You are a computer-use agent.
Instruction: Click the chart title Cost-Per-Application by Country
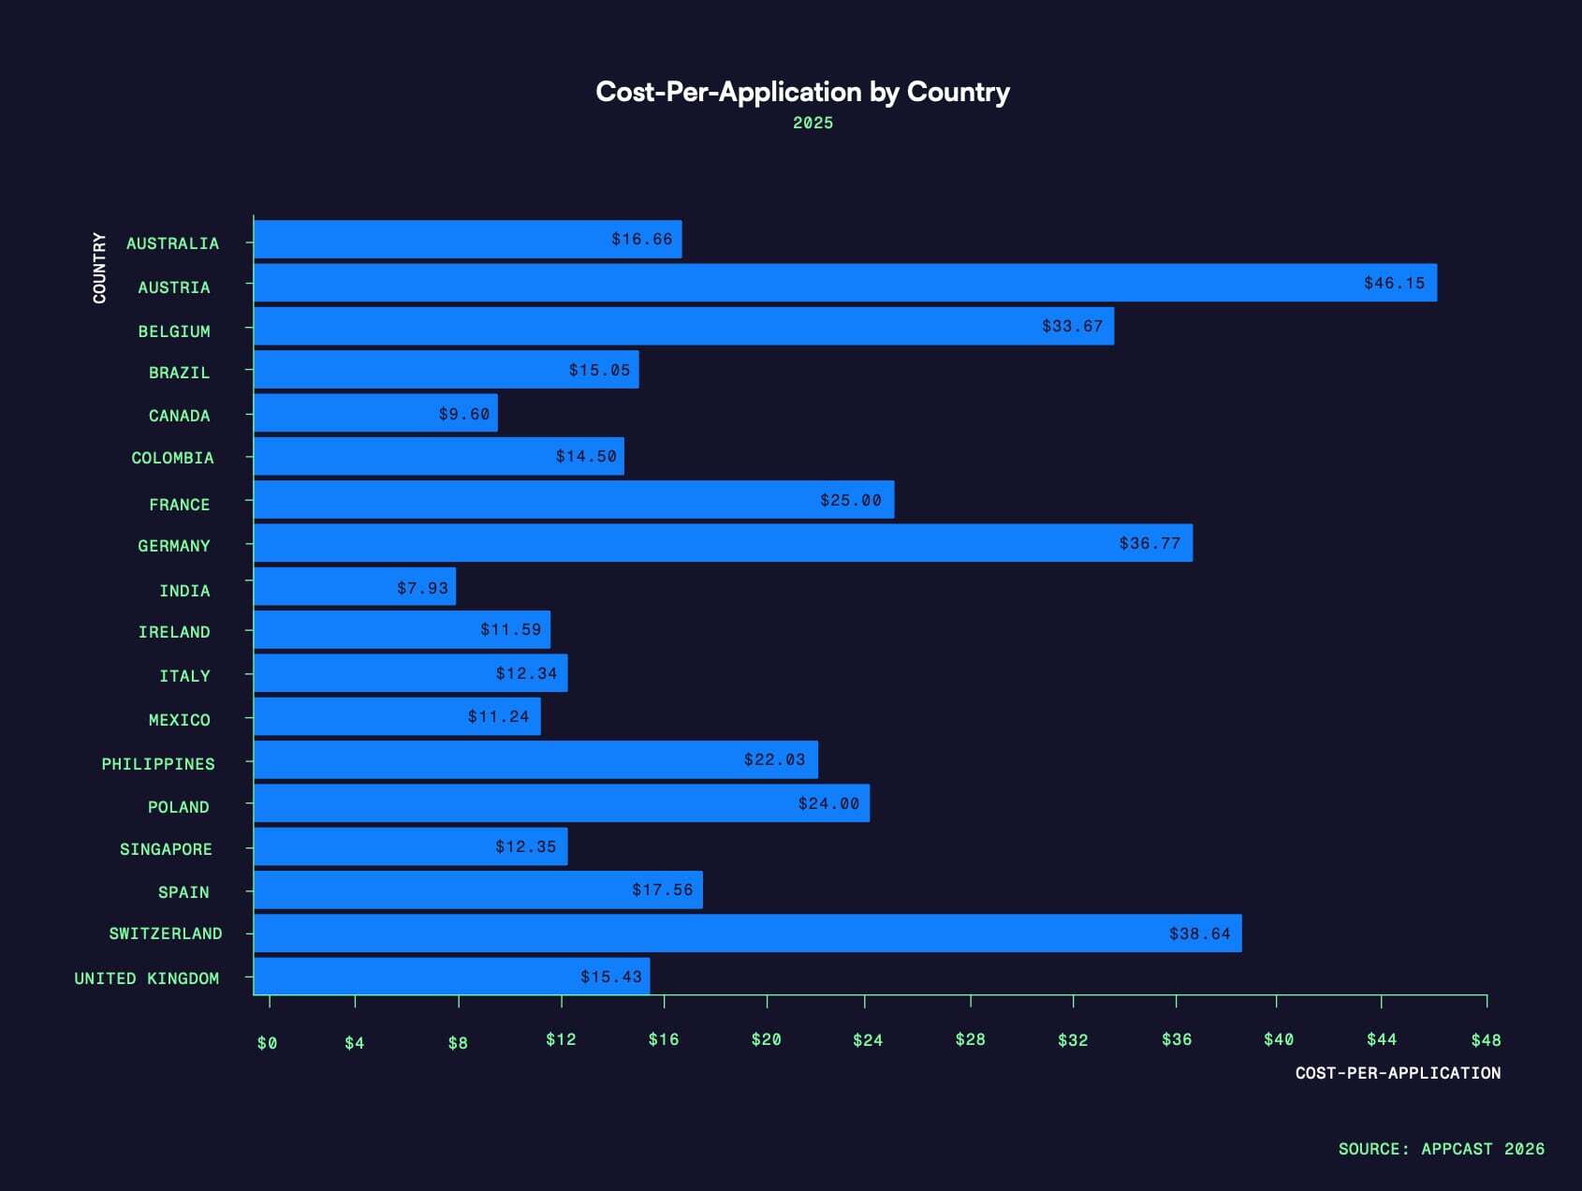[802, 92]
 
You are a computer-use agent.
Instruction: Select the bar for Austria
[844, 283]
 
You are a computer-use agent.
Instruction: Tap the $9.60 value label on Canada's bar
[464, 414]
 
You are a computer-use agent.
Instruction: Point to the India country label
[184, 591]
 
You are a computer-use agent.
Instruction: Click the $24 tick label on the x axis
[867, 1040]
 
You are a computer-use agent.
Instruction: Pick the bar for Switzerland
[747, 934]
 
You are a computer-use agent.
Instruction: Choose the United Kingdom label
[147, 978]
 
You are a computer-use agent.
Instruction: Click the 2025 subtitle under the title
[813, 123]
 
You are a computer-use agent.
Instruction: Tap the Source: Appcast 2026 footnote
[1441, 1149]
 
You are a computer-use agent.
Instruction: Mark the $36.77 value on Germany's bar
[1150, 543]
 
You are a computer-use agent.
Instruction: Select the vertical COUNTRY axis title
[99, 268]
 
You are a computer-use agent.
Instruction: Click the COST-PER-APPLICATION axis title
[1398, 1073]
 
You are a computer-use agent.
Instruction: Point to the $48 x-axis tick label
[1486, 1040]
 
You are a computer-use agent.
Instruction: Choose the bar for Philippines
[535, 759]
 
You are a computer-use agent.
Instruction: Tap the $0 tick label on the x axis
[267, 1043]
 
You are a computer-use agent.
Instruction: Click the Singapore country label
[166, 849]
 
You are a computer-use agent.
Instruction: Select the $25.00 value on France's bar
[850, 500]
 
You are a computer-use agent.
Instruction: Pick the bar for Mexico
[397, 716]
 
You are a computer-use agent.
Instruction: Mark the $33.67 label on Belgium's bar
[1072, 326]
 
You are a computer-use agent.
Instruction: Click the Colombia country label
[172, 458]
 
